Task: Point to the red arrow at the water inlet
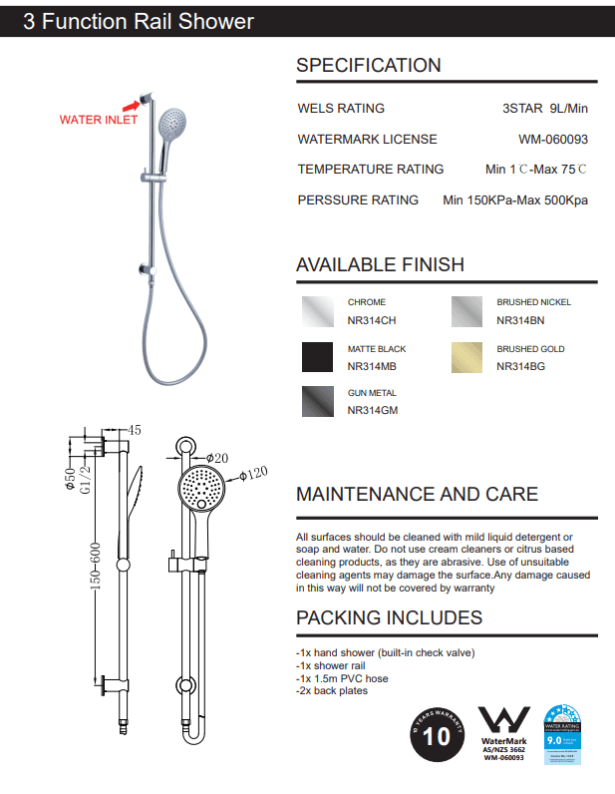(x=131, y=102)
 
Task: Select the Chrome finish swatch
(x=318, y=311)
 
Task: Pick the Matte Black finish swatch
(x=318, y=357)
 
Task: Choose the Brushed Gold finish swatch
(x=466, y=357)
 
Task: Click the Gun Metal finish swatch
(x=318, y=401)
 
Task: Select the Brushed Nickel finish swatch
(x=466, y=311)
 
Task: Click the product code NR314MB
(x=372, y=367)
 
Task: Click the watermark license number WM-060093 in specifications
(x=552, y=140)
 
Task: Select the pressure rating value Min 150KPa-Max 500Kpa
(x=514, y=200)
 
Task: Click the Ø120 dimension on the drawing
(x=255, y=474)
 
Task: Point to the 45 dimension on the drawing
(x=135, y=431)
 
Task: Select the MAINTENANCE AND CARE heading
(x=417, y=494)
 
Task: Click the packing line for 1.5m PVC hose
(x=342, y=678)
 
